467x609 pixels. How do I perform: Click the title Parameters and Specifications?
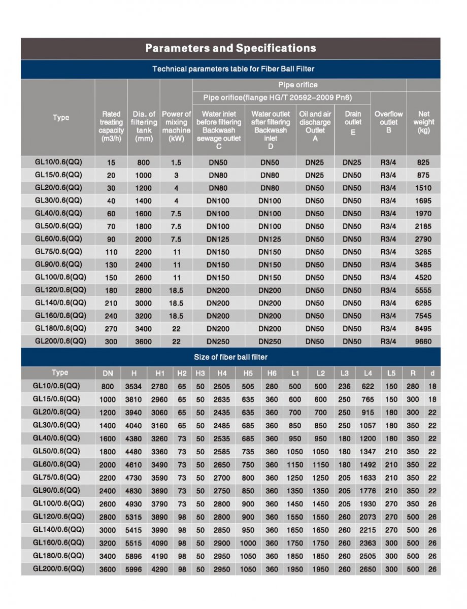pos(230,49)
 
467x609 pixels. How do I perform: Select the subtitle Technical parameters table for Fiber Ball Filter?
pos(230,69)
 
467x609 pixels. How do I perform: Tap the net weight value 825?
pos(423,162)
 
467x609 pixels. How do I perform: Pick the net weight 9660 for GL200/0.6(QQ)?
pos(423,342)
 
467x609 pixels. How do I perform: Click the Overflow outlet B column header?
pos(388,122)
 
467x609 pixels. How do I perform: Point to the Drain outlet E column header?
pos(352,122)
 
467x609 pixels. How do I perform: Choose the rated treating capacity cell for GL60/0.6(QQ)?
pos(111,239)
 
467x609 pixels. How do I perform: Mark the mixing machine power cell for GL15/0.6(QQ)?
pos(176,175)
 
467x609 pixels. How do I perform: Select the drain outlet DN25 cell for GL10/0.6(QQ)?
pos(352,162)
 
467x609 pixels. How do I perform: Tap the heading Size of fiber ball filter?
pos(230,357)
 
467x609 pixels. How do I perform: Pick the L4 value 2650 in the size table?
pos(368,569)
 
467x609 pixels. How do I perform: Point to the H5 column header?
pos(248,374)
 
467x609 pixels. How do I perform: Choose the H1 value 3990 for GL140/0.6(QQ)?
pos(159,530)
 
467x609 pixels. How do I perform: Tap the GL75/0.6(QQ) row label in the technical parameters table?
pos(58,252)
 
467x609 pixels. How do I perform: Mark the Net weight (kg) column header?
pos(423,122)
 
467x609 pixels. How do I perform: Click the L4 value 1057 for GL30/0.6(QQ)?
pos(368,426)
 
